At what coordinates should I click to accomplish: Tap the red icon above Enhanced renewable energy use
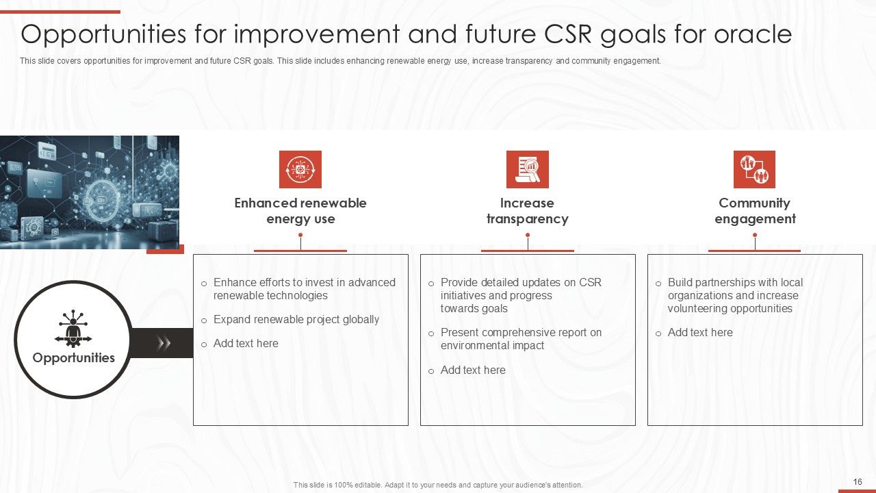pos(300,169)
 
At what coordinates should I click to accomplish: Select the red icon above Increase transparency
pos(527,169)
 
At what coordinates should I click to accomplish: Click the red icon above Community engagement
pos(754,169)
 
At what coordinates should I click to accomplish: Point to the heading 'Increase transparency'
pos(527,211)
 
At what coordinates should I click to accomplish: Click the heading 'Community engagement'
pos(754,211)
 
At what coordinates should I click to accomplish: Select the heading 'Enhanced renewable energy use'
pos(300,211)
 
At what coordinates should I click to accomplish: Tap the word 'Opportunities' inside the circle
pos(73,358)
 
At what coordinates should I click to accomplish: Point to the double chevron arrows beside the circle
pos(164,343)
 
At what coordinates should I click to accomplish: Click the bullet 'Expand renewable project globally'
pos(296,320)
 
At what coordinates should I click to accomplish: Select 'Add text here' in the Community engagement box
pos(699,333)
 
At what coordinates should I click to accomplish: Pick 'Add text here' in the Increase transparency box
pos(472,370)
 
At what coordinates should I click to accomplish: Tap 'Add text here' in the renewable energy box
pos(245,344)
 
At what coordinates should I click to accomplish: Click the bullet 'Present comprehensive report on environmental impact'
pos(520,339)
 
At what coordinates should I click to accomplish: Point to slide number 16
pos(858,482)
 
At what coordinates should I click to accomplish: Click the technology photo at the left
pos(89,192)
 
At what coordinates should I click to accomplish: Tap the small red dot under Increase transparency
pos(527,236)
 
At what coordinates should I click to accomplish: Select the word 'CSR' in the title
pos(563,34)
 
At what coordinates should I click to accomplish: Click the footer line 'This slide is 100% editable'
pos(438,485)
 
